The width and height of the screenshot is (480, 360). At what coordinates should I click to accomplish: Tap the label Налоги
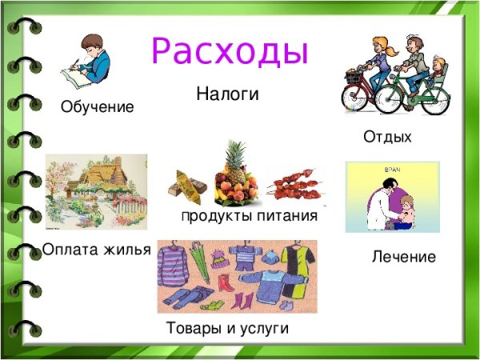(228, 94)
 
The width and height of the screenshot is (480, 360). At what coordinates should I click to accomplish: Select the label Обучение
(98, 106)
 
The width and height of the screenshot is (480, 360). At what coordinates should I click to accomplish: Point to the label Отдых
(387, 138)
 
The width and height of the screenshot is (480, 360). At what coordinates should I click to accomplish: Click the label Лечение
(404, 257)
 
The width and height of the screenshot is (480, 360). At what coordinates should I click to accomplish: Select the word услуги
(262, 328)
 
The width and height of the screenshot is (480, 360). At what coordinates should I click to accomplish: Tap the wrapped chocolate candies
(189, 187)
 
